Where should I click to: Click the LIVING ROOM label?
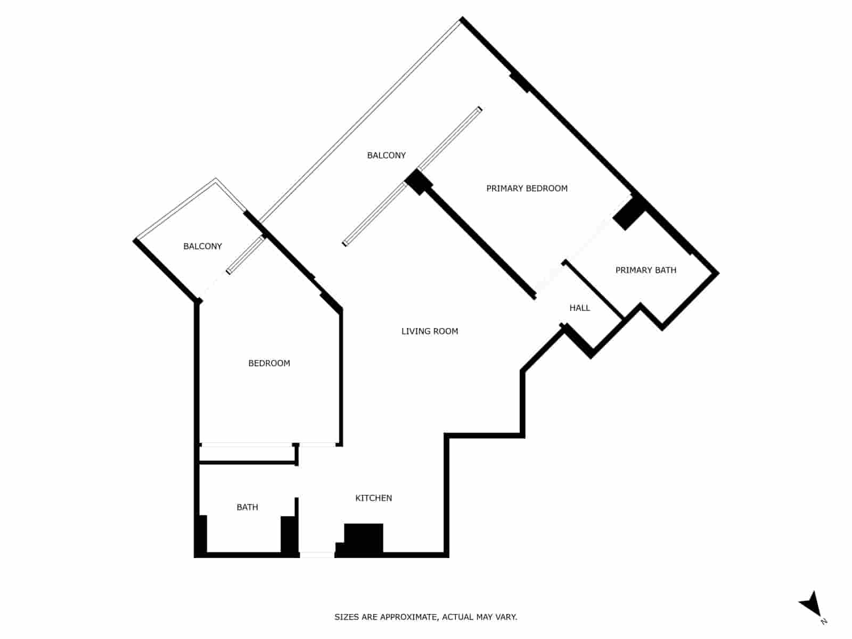[429, 331]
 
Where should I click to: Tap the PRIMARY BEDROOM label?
[527, 189]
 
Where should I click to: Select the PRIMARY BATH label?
[645, 270]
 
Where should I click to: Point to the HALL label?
[579, 308]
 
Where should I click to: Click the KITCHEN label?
[373, 498]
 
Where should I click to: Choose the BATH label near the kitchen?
[247, 507]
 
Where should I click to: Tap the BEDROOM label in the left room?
[269, 363]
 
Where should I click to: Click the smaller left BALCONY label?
[202, 246]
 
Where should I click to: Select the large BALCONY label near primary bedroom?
[386, 155]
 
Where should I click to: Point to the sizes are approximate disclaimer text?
[425, 617]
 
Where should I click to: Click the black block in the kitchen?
[363, 538]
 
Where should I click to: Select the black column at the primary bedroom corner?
[419, 182]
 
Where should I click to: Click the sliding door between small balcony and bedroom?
[246, 255]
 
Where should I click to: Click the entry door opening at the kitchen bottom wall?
[317, 555]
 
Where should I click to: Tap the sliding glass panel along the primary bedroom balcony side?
[450, 138]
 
